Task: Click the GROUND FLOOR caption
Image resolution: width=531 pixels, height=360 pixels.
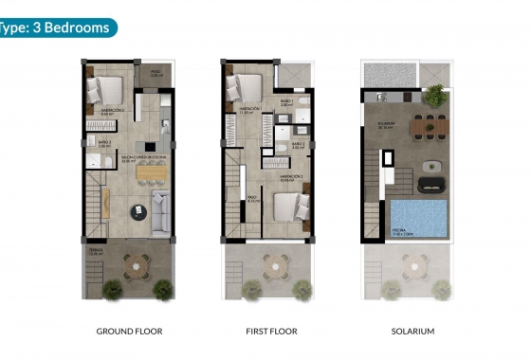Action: (129, 332)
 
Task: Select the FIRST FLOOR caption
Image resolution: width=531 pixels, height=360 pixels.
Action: (270, 332)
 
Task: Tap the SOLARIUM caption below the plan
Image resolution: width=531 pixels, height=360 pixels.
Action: (412, 332)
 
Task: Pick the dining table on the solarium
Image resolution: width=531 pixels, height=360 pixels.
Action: (430, 123)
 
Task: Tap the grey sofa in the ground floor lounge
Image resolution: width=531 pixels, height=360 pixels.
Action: (161, 212)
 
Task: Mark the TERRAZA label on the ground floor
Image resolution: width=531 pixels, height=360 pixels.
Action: (94, 251)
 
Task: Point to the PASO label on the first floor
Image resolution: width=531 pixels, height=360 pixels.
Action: (252, 199)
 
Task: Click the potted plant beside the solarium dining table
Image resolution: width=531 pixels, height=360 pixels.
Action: (435, 95)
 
